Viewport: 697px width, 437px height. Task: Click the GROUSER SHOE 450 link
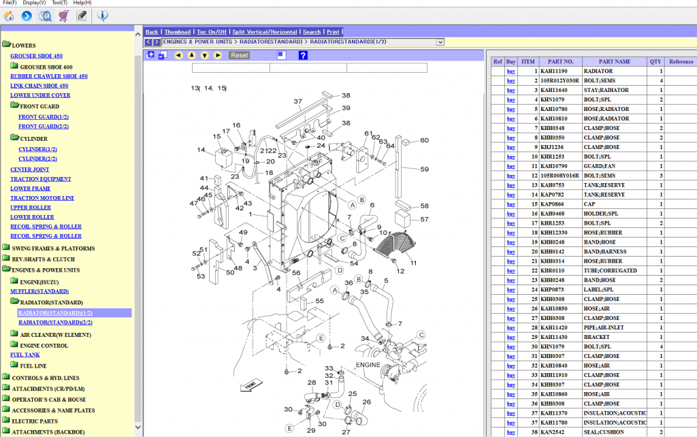click(36, 56)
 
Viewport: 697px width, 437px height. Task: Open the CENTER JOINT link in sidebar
click(29, 169)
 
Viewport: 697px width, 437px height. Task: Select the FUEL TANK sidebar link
click(25, 355)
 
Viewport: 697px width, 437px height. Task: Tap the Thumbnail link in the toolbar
click(177, 32)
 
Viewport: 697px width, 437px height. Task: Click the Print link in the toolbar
click(333, 32)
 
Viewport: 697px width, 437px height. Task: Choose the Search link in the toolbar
click(312, 32)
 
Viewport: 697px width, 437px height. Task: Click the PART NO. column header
click(561, 61)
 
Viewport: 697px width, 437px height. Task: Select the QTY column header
click(655, 61)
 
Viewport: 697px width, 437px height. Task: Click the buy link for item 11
click(511, 166)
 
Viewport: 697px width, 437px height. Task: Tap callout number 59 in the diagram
click(423, 169)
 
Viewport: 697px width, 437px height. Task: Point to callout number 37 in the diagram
click(297, 101)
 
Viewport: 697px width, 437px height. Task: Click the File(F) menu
click(10, 3)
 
